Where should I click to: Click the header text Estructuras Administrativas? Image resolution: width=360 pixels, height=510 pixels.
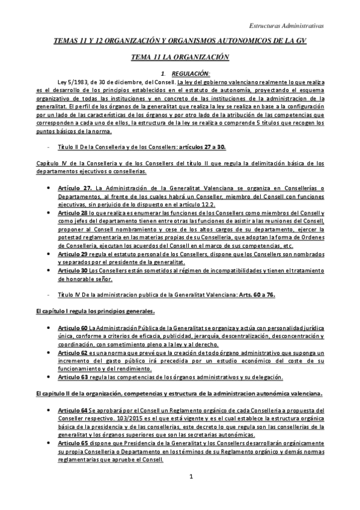click(x=286, y=26)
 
